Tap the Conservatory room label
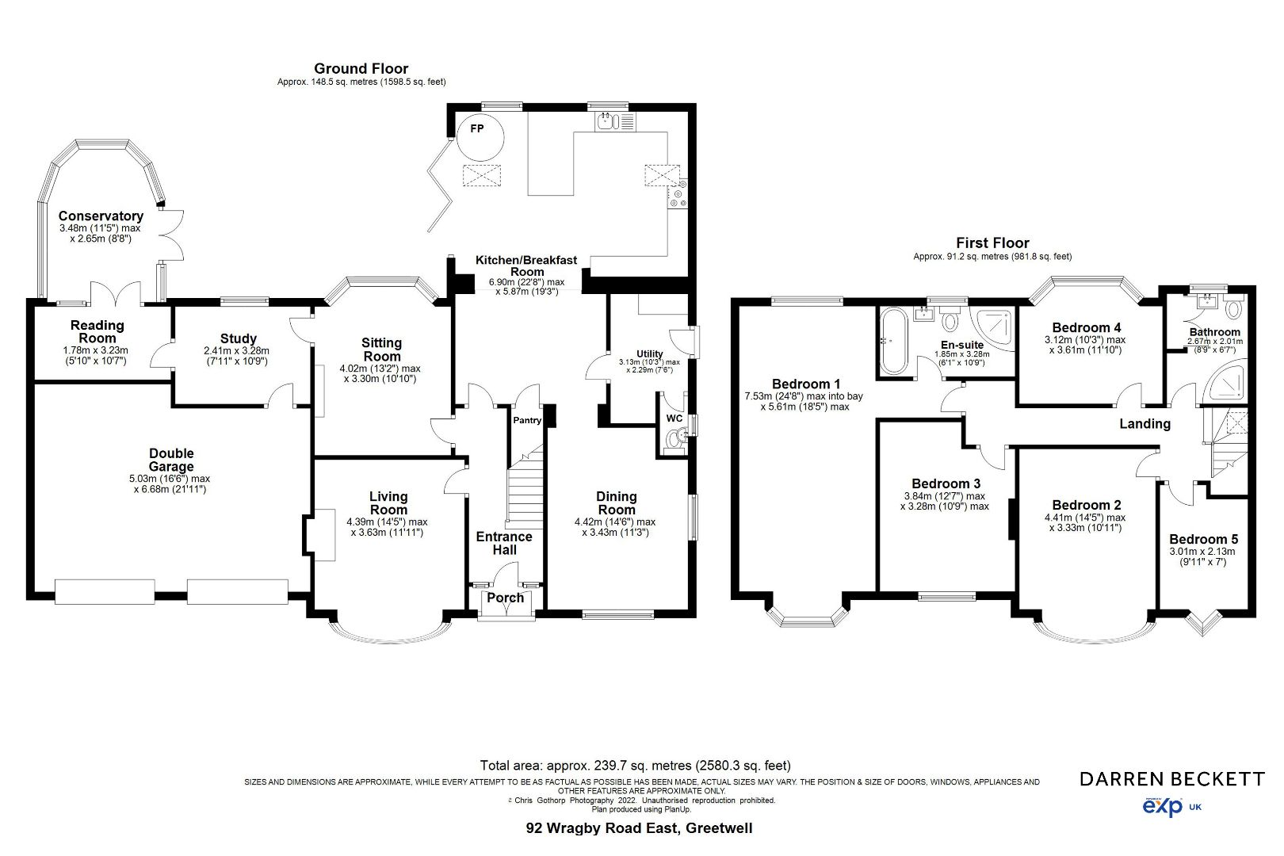tap(101, 216)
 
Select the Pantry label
tap(527, 421)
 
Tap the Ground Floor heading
tap(361, 69)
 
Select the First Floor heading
tap(992, 243)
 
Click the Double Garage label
tap(171, 460)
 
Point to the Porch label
tap(505, 598)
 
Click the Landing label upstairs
tap(1145, 424)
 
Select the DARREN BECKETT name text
tap(1172, 779)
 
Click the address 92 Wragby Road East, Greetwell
tap(639, 829)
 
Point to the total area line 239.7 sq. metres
tap(635, 766)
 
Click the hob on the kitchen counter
tap(678, 195)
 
